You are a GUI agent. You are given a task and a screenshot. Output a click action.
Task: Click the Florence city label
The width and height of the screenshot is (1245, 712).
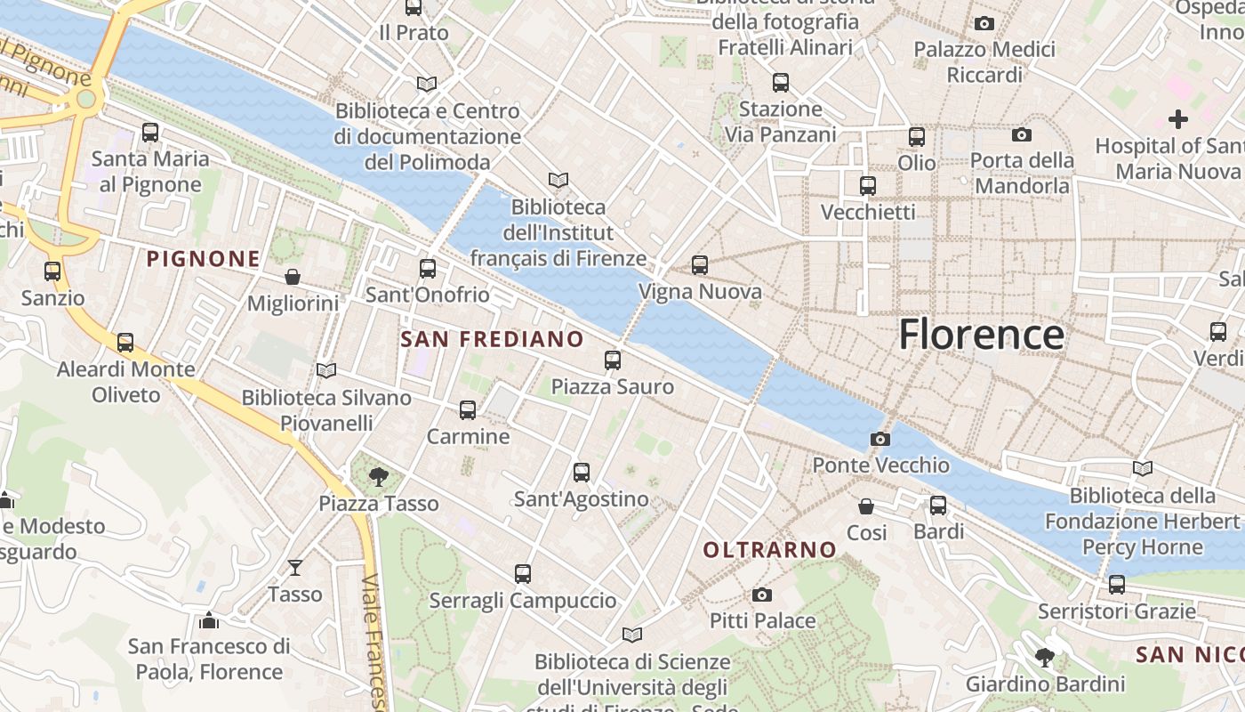(x=981, y=335)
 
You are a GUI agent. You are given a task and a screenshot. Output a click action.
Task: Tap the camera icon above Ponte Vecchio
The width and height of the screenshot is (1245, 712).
(x=880, y=439)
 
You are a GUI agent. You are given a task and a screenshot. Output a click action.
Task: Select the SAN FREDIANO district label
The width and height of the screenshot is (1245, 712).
(x=492, y=339)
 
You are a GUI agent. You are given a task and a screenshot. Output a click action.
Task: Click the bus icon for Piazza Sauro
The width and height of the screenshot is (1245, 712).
(x=613, y=360)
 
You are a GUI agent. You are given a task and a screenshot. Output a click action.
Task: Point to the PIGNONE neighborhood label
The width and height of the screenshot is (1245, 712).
(x=204, y=259)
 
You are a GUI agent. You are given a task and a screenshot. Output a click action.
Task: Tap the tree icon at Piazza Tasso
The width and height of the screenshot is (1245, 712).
(x=378, y=477)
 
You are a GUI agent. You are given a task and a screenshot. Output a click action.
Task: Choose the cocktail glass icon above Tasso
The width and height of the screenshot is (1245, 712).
(x=295, y=567)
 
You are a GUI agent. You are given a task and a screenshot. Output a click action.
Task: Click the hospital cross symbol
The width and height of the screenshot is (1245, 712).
(x=1178, y=118)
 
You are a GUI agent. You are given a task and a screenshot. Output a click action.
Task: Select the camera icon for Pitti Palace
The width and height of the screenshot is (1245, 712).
(x=762, y=595)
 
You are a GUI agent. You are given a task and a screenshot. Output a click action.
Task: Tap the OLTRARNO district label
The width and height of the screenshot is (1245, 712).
(x=770, y=550)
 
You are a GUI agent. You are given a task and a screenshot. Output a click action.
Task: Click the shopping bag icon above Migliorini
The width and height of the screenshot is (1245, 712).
(x=293, y=277)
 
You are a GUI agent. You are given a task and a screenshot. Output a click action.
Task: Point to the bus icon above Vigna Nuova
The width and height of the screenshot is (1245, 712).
(x=700, y=265)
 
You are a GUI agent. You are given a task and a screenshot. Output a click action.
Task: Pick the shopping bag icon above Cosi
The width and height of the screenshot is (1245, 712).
(x=866, y=506)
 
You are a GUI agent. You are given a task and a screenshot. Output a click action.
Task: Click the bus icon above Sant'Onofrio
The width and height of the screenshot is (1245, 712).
(x=428, y=268)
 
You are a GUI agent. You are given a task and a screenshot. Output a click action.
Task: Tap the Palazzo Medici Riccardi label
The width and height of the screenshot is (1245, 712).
(x=984, y=62)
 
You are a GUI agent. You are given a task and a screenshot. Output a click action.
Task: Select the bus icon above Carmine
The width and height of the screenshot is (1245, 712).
(x=468, y=410)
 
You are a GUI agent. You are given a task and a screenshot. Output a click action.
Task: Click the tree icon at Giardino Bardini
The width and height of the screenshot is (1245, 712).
(x=1045, y=658)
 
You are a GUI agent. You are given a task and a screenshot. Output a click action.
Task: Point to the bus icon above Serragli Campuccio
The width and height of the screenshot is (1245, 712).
(x=523, y=574)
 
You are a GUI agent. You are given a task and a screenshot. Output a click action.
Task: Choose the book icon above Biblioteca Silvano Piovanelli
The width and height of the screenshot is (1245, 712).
(x=326, y=370)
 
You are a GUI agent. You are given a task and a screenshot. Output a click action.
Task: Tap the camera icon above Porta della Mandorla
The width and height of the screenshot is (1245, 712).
(x=1022, y=134)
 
